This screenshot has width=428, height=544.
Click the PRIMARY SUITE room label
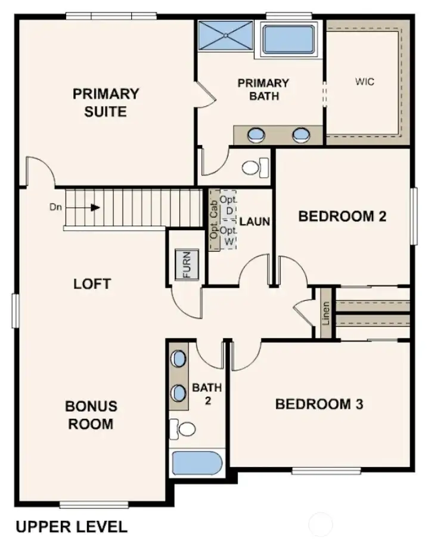click(106, 102)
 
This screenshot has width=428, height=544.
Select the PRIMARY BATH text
click(263, 89)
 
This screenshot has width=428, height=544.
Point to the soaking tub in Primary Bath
click(289, 39)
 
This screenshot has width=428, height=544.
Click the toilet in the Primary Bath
click(253, 166)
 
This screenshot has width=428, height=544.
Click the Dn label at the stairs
click(55, 208)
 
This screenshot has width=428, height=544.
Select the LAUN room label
click(255, 221)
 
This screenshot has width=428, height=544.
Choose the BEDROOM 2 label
click(342, 216)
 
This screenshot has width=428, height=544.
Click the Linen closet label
click(325, 313)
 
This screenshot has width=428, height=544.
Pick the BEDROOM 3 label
click(319, 404)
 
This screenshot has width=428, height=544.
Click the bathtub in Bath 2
click(197, 463)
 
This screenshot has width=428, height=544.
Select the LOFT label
click(92, 283)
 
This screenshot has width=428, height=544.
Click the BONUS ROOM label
click(91, 415)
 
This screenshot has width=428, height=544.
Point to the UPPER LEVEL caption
click(71, 527)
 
